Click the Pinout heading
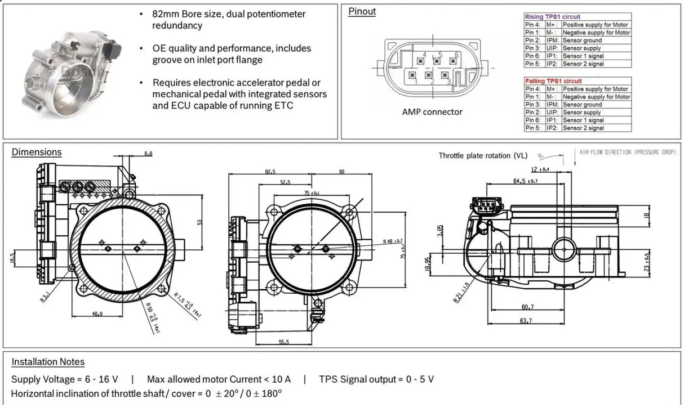(362, 11)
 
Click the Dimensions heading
(37, 152)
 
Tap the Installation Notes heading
(48, 362)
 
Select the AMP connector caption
(432, 111)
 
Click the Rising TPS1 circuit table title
(552, 17)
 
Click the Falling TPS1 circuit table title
(553, 81)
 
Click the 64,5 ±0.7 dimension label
(526, 181)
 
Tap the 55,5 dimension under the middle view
(283, 342)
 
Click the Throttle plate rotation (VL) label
(483, 155)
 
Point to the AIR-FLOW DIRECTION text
(627, 153)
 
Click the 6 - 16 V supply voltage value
(104, 379)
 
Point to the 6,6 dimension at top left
(148, 153)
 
